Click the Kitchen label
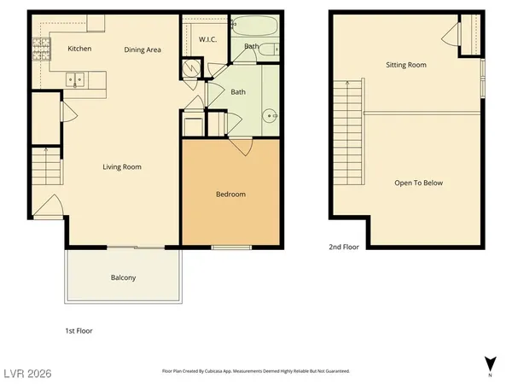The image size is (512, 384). (80, 49)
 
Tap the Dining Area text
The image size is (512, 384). (143, 49)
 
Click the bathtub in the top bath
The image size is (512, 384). (253, 26)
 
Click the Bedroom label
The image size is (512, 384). (230, 195)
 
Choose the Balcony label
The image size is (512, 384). (123, 278)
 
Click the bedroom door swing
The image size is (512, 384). (244, 148)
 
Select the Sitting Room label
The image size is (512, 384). (406, 65)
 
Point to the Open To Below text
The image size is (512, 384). (418, 183)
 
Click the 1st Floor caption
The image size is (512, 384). (79, 330)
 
